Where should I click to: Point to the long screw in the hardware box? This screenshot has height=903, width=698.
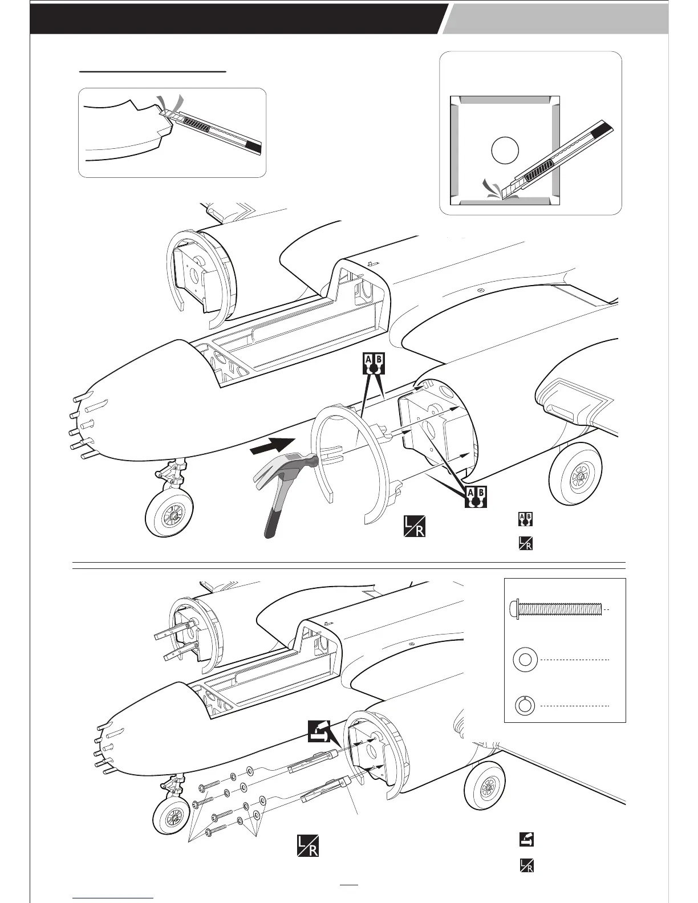(555, 609)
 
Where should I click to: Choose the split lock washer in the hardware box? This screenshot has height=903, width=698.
(525, 705)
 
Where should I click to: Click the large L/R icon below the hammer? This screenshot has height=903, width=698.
(414, 526)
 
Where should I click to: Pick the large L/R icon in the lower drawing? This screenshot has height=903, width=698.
(307, 845)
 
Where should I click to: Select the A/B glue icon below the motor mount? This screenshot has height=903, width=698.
(475, 497)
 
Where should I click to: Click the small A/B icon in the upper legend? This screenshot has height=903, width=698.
(525, 519)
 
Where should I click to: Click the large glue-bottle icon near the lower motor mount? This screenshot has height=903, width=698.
(319, 730)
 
